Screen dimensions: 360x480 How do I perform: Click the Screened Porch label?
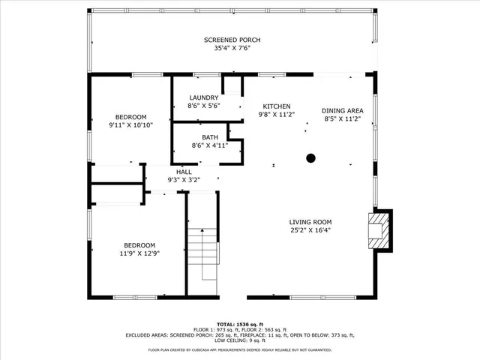coord(232,40)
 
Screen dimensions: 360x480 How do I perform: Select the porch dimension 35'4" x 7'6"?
coord(232,49)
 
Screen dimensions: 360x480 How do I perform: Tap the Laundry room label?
coord(204,97)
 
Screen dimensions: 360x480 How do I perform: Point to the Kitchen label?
coord(276,106)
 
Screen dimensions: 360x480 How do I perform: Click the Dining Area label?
coord(343,109)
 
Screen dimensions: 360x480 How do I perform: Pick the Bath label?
coord(209,137)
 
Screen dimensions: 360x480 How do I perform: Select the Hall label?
coord(184,172)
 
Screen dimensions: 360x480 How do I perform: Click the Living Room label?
coord(310,222)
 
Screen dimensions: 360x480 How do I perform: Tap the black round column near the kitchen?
coord(310,158)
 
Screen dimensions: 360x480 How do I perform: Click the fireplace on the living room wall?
coord(380,230)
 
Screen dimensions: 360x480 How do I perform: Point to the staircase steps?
coord(201,255)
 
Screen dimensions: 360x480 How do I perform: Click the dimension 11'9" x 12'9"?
coord(139,253)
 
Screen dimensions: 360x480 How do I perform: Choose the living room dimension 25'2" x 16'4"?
coord(310,230)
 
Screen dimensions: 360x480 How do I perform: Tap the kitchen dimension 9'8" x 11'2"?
coord(276,115)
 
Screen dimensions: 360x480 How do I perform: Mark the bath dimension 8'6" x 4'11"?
coord(209,145)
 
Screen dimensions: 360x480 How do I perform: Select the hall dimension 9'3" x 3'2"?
coord(184,180)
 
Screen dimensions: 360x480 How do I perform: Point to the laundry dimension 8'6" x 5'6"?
coord(204,106)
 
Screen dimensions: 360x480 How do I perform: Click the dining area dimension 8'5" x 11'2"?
coord(343,118)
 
